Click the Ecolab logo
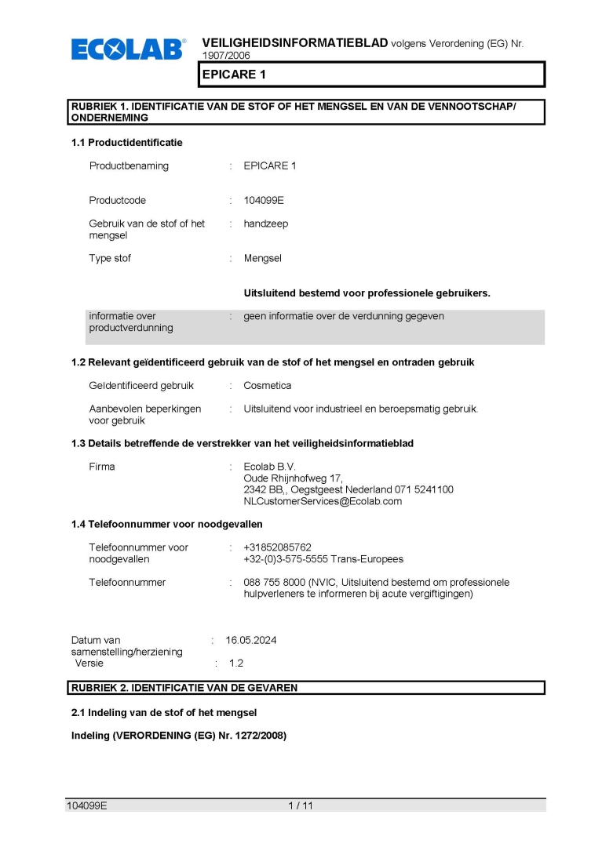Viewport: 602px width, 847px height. tap(128, 49)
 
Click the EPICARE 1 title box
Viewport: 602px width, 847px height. tap(370, 74)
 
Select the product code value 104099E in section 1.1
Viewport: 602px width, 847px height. tap(264, 200)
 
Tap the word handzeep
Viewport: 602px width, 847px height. tap(265, 224)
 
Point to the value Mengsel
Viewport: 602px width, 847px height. tap(262, 258)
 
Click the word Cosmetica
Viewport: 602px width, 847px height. tap(267, 386)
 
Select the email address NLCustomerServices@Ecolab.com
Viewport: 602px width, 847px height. tap(323, 501)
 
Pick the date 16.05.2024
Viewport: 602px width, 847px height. tap(250, 640)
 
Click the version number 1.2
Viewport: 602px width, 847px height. tap(236, 663)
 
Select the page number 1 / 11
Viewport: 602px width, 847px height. tap(301, 805)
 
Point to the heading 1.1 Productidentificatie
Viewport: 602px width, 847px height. tap(126, 143)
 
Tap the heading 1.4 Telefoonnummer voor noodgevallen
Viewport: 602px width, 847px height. tap(166, 524)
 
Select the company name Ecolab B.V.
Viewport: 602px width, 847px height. tap(269, 467)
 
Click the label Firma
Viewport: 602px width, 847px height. tap(102, 467)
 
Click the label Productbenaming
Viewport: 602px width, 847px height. tap(129, 165)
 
